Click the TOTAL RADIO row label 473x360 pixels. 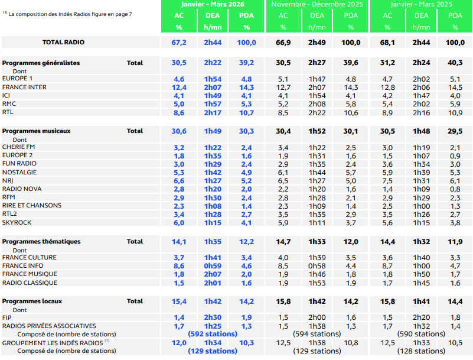pyautogui.click(x=63, y=43)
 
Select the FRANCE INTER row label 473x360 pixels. pyautogui.click(x=24, y=87)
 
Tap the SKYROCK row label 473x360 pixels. pyautogui.click(x=17, y=222)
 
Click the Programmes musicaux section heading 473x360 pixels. pyautogui.click(x=37, y=131)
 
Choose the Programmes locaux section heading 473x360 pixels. pyautogui.click(x=32, y=301)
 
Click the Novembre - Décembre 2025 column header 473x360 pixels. pyautogui.click(x=317, y=4)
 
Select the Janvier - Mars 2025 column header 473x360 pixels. pyautogui.click(x=421, y=4)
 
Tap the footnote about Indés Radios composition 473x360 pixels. pyautogui.click(x=67, y=13)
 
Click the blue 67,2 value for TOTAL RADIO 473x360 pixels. pyautogui.click(x=179, y=43)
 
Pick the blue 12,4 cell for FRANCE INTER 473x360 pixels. pyautogui.click(x=179, y=87)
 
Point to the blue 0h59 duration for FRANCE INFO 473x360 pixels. pyautogui.click(x=213, y=266)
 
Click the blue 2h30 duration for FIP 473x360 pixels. pyautogui.click(x=213, y=317)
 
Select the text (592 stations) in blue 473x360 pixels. pyautogui.click(x=212, y=334)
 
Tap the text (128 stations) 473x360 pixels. pyautogui.click(x=421, y=351)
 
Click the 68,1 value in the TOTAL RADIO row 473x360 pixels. pyautogui.click(x=387, y=43)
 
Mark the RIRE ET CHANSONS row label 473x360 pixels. pyautogui.click(x=32, y=206)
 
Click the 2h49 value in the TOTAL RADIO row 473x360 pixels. pyautogui.click(x=317, y=43)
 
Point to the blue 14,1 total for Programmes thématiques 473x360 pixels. pyautogui.click(x=179, y=242)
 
